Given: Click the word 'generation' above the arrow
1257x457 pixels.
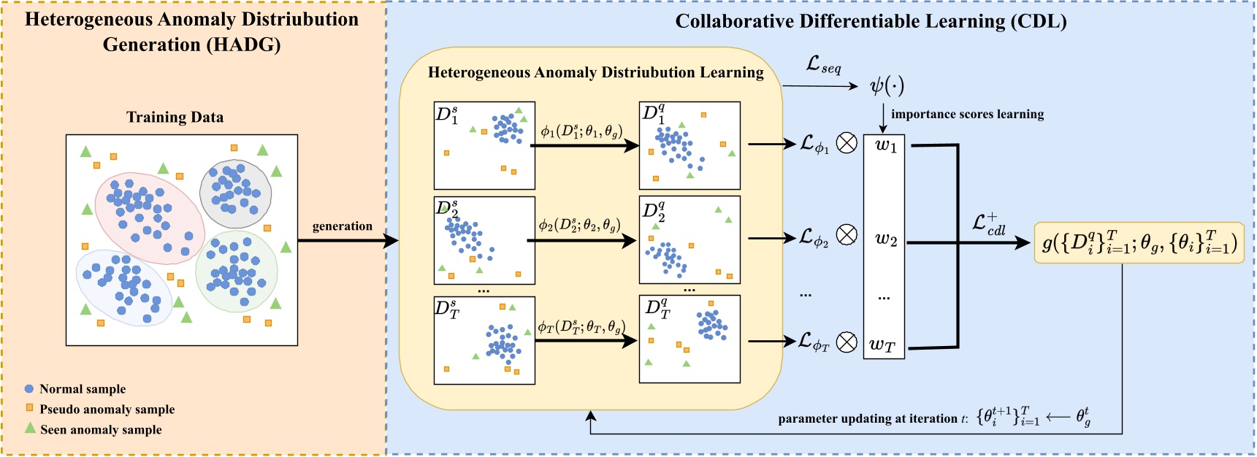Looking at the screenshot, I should click(342, 226).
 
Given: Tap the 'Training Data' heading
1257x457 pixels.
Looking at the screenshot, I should click(175, 118).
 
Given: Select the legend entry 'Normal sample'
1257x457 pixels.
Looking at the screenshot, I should click(82, 389).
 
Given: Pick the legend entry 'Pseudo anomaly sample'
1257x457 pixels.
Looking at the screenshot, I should click(107, 410).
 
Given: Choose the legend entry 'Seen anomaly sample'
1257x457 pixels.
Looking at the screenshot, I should click(101, 430).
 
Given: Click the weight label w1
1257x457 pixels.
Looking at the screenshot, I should click(885, 145).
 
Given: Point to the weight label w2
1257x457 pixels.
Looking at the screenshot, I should click(885, 239).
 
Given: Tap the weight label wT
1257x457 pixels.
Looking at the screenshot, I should click(882, 345).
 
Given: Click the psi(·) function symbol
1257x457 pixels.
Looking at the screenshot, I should click(887, 86).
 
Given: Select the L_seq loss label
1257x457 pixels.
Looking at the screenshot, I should click(823, 66).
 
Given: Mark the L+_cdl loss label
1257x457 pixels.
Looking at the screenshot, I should click(988, 224).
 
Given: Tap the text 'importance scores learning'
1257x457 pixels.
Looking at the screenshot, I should click(967, 114).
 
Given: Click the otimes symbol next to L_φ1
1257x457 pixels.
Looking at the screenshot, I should click(847, 144).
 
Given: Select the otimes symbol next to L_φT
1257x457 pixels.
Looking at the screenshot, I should click(847, 342).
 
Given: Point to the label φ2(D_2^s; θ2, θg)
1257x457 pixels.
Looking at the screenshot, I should click(579, 225).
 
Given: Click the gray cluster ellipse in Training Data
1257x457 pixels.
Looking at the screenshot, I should click(235, 193).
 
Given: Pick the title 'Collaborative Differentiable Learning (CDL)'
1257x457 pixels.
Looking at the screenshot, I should click(871, 21).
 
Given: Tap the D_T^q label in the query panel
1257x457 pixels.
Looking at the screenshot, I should click(657, 310).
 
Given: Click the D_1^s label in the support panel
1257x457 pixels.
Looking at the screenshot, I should click(447, 115).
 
